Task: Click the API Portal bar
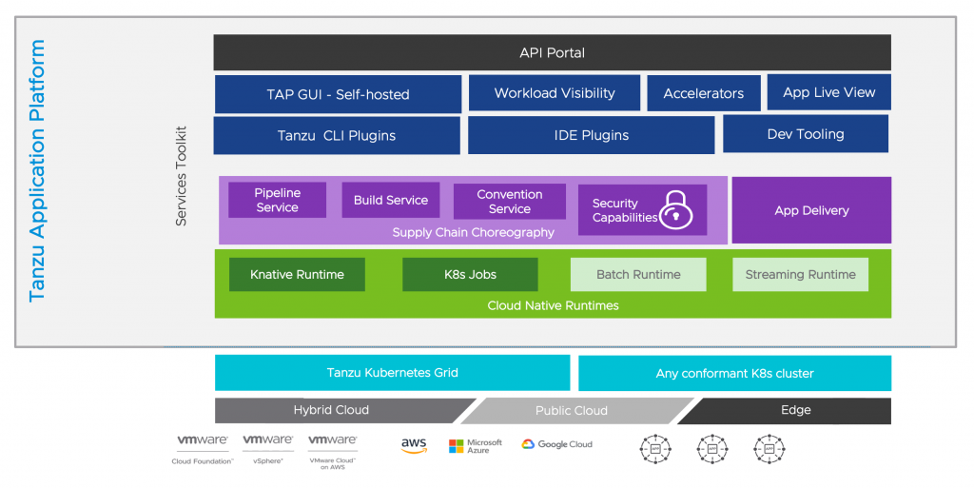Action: click(552, 52)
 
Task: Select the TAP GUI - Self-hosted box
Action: click(338, 94)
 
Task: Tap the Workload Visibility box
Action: click(555, 93)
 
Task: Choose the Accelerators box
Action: click(704, 93)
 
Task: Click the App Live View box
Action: click(828, 92)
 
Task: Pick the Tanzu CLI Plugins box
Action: click(337, 135)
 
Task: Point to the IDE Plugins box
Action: click(591, 135)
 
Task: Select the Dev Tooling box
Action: click(806, 134)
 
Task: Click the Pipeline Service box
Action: click(277, 200)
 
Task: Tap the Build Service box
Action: click(391, 200)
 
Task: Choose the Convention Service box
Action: click(510, 201)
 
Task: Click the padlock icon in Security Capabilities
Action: click(675, 209)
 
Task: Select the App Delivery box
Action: click(811, 210)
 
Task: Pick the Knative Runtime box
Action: click(297, 274)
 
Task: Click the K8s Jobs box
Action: click(470, 274)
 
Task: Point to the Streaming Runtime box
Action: click(800, 274)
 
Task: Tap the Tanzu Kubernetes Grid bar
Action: click(392, 372)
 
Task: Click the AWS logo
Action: click(414, 444)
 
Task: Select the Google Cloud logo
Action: click(556, 444)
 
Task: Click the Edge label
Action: click(795, 410)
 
